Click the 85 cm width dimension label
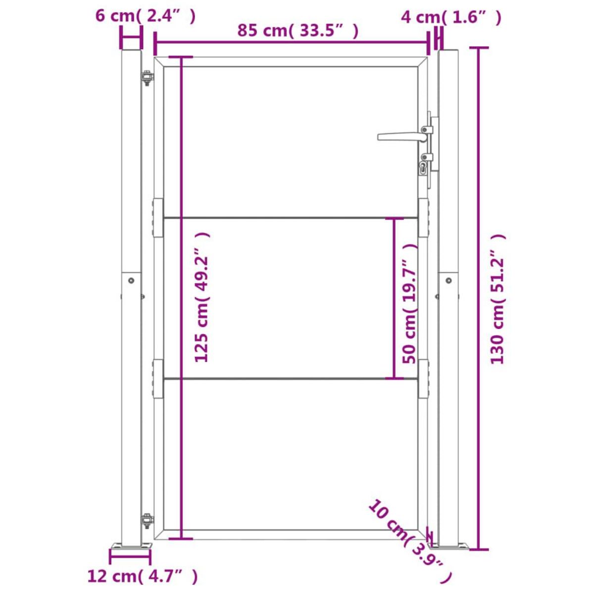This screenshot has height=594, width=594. click(297, 30)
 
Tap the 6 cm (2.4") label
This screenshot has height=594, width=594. click(146, 15)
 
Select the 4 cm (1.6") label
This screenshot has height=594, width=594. click(450, 17)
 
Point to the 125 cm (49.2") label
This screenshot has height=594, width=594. click(202, 297)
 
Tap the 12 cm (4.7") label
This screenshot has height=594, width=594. click(143, 576)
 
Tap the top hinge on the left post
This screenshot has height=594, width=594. click(147, 78)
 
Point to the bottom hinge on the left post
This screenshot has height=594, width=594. click(147, 520)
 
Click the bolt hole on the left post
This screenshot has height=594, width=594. click(131, 280)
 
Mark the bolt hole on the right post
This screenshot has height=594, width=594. click(448, 280)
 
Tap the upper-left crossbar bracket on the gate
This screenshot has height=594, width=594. click(157, 218)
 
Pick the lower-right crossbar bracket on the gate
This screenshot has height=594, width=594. click(423, 379)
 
